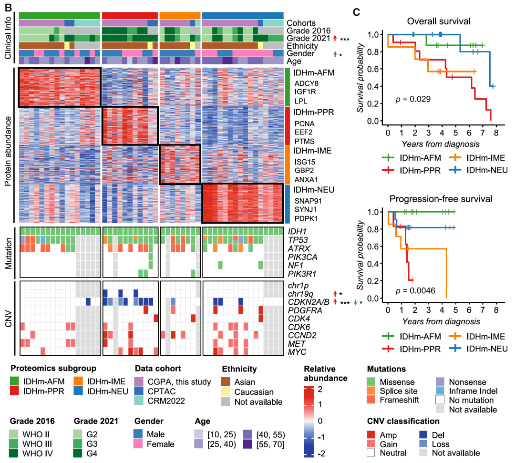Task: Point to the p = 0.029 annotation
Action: [x=413, y=99]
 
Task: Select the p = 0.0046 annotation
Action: [x=415, y=290]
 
